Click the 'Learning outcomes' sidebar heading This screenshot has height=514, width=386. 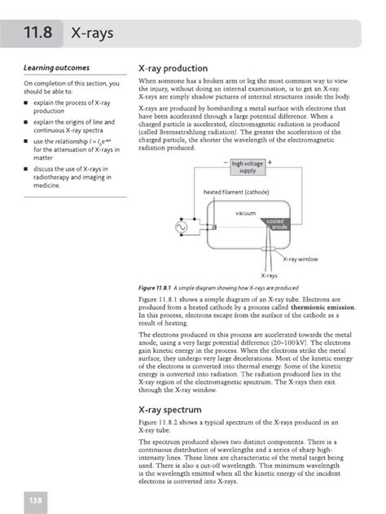point(57,68)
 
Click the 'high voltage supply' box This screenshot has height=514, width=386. point(248,167)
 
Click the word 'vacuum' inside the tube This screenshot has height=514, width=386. point(245,213)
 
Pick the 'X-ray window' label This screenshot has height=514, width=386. point(301,259)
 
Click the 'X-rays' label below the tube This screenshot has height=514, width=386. point(269,276)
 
